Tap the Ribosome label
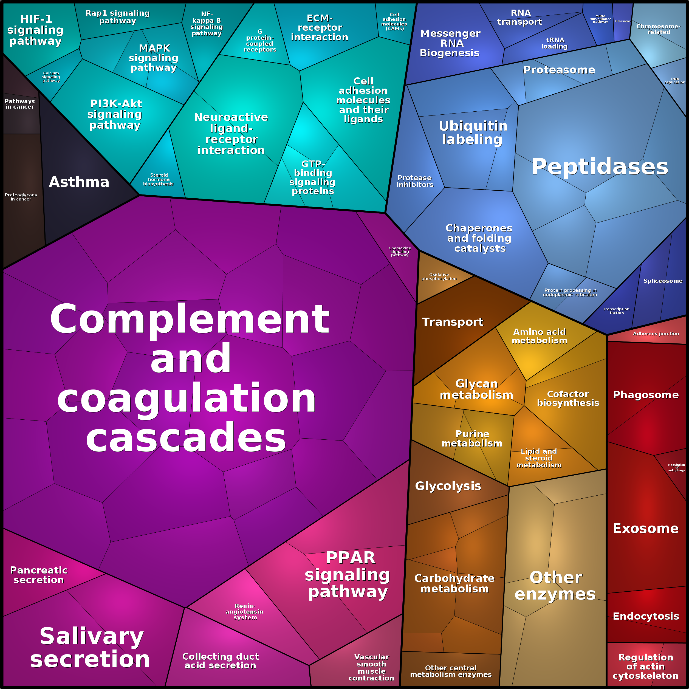tap(623, 21)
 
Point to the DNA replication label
tap(674, 81)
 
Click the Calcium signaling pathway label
tap(51, 77)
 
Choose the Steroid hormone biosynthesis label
tap(158, 179)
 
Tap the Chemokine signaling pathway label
tap(399, 252)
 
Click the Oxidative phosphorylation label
tap(439, 276)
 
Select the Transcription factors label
tap(616, 310)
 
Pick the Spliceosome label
tap(663, 281)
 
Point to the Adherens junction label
tap(656, 334)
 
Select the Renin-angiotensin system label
tap(245, 611)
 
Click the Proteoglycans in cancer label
tap(21, 197)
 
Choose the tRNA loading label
tap(555, 43)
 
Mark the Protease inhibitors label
tap(415, 181)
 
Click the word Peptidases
tap(600, 166)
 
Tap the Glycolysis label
tap(448, 486)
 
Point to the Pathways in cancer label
tap(20, 104)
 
